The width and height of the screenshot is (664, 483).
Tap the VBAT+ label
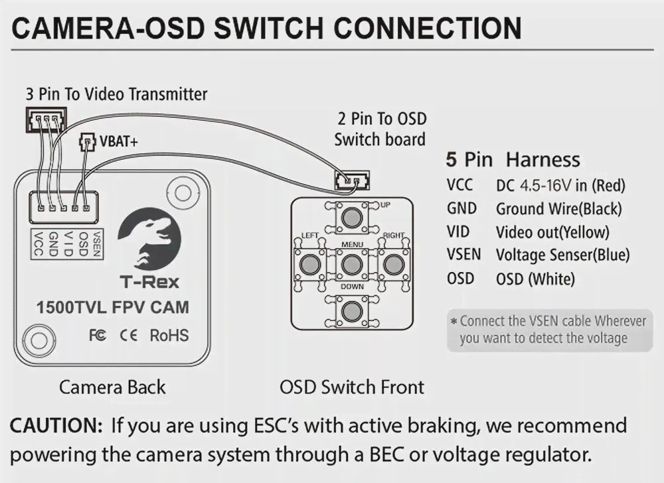(x=119, y=141)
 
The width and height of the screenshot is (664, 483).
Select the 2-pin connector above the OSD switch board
(x=352, y=180)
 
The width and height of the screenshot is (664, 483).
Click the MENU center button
(x=351, y=265)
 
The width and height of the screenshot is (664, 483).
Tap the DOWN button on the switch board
(x=351, y=312)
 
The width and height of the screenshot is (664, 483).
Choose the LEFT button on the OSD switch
(x=310, y=265)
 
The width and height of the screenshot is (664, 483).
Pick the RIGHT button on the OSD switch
(x=393, y=265)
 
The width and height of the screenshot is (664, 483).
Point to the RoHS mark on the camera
(x=169, y=335)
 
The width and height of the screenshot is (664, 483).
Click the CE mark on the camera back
(x=128, y=336)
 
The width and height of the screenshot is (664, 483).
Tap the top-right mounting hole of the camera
(x=183, y=193)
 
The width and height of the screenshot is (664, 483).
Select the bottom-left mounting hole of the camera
(x=39, y=340)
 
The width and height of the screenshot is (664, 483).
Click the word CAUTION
(x=56, y=425)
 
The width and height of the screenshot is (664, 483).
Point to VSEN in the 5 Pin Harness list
(x=463, y=255)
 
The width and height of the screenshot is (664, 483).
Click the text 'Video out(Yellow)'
(x=552, y=232)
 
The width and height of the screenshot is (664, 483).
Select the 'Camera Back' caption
(x=112, y=387)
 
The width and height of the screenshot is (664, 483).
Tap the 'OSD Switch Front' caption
(x=352, y=387)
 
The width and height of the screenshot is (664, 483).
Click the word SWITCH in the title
(x=269, y=29)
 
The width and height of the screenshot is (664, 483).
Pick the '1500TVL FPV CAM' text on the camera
(x=113, y=307)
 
